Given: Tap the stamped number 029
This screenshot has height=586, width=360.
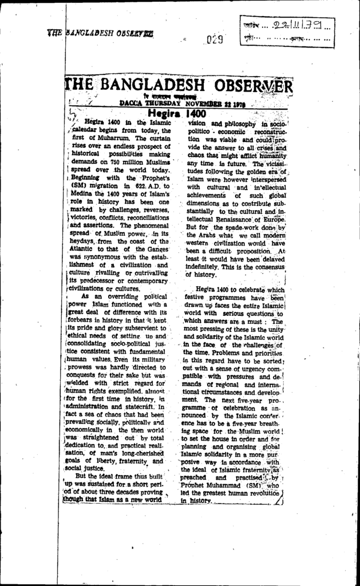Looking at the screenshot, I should click(215, 39).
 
